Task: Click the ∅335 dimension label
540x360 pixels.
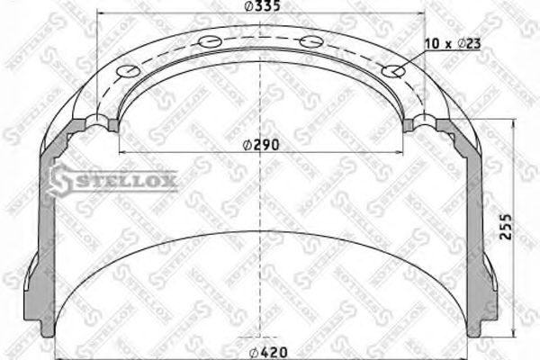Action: (261, 10)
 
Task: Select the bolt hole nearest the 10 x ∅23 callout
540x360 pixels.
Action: (392, 72)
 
